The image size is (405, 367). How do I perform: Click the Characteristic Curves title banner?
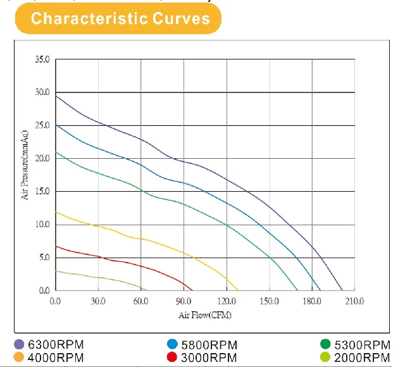120,18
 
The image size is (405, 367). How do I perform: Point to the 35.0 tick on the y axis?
42,59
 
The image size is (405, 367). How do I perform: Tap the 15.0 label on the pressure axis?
42,192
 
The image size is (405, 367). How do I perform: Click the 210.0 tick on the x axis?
355,300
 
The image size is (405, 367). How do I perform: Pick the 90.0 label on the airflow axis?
184,300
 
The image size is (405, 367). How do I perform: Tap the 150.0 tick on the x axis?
270,300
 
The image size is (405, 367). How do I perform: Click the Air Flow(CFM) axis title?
205,314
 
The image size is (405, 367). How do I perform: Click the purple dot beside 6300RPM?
19,345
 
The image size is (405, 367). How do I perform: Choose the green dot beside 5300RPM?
326,345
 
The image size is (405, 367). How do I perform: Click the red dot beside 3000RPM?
172,358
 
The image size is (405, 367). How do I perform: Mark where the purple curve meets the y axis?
56,96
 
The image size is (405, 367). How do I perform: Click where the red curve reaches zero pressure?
192,290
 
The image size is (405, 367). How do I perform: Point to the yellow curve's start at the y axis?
56,212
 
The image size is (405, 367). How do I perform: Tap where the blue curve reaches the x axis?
321,290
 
